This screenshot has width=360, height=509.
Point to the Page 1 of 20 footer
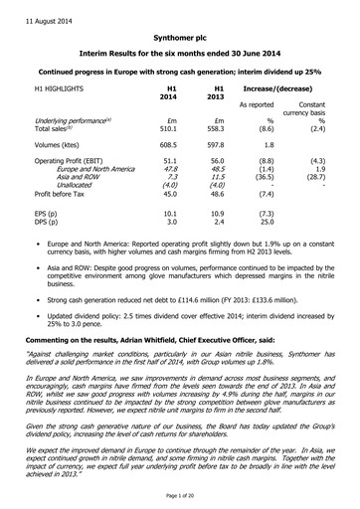[x=179, y=496]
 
